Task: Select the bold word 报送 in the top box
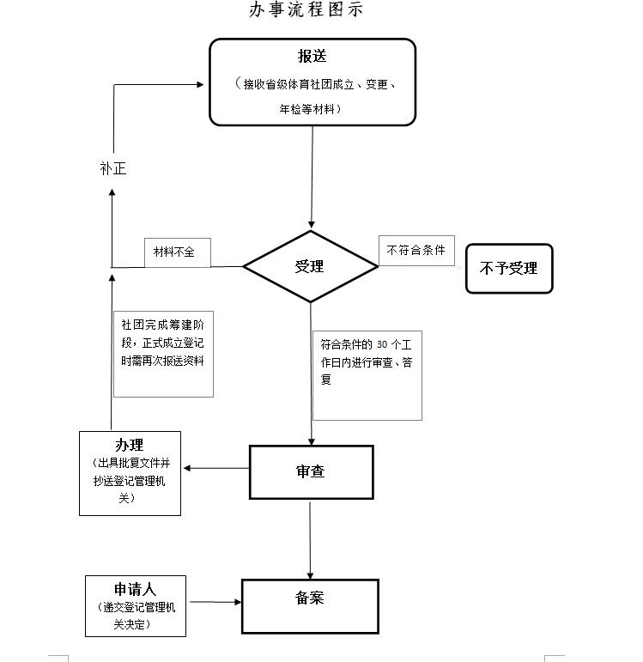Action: [x=312, y=57]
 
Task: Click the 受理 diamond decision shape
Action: [x=310, y=266]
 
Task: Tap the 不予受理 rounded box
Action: [x=509, y=269]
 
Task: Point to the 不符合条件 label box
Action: [x=416, y=251]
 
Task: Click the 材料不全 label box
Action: [x=176, y=252]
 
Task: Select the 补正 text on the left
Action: [x=112, y=169]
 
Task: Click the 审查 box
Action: [x=311, y=471]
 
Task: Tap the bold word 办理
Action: [x=130, y=445]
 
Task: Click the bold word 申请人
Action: [x=136, y=590]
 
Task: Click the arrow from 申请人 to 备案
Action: [x=215, y=602]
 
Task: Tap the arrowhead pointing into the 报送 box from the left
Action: [x=201, y=84]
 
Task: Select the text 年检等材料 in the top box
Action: [x=311, y=110]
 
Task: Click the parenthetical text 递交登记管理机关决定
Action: [x=136, y=616]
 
